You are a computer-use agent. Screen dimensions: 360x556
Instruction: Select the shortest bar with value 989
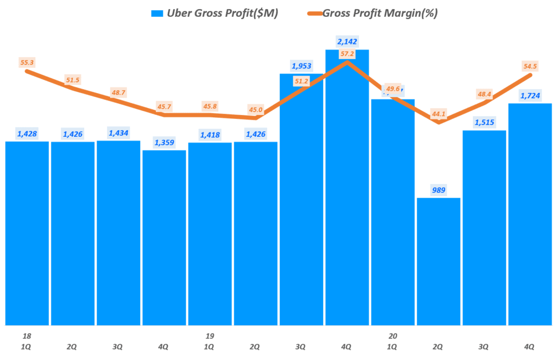click(x=438, y=261)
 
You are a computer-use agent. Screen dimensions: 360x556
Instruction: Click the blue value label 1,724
click(x=529, y=96)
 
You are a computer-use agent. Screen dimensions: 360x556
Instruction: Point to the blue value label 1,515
click(x=484, y=122)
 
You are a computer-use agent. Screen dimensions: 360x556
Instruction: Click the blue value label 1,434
click(x=118, y=134)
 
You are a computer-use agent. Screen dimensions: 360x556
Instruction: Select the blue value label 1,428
click(x=27, y=134)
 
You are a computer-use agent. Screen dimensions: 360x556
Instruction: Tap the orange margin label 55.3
click(x=26, y=63)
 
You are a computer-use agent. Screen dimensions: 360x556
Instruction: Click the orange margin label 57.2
click(x=347, y=54)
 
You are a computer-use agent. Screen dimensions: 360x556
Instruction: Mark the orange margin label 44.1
click(x=438, y=113)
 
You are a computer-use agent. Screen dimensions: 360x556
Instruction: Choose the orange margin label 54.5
click(x=529, y=66)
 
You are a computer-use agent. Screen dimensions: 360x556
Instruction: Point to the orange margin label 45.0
click(x=256, y=110)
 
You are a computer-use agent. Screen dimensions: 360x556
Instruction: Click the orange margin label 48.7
click(x=118, y=92)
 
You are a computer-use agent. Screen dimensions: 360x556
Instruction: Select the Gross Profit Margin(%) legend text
click(x=380, y=14)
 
